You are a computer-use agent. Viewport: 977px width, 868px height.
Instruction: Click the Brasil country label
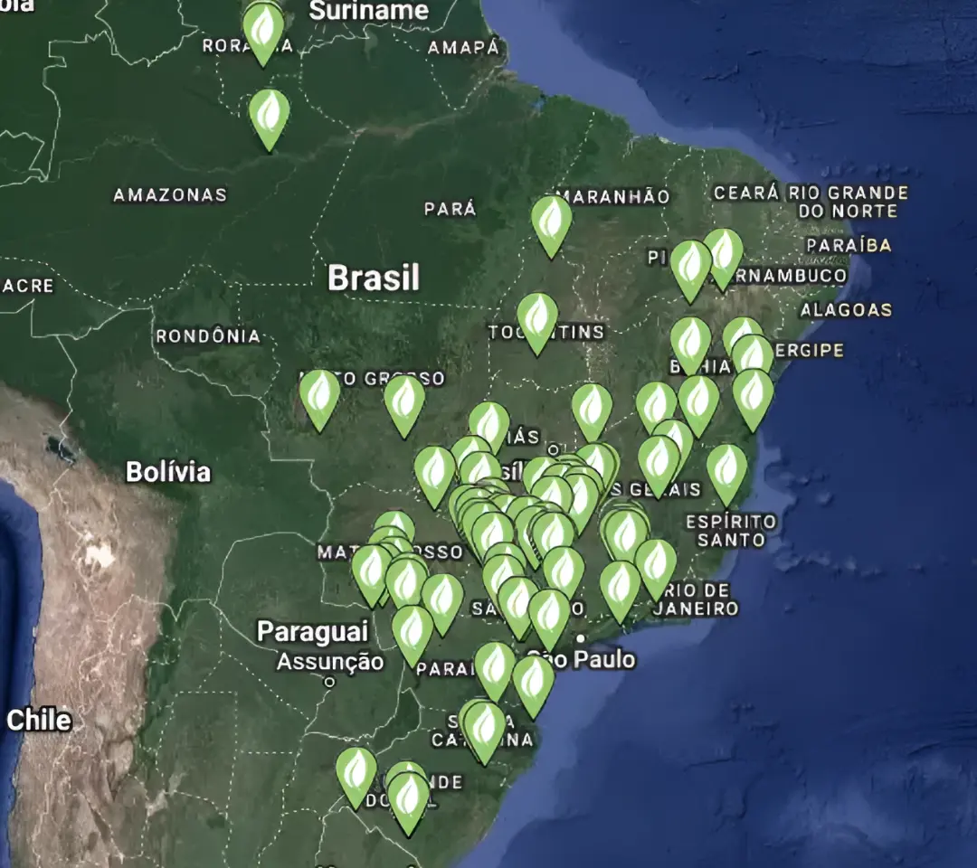tap(374, 278)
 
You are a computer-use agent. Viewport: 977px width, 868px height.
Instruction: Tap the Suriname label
tap(368, 11)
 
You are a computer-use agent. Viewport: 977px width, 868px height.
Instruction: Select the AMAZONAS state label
tap(169, 194)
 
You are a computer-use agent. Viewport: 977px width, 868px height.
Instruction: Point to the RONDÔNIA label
tap(208, 336)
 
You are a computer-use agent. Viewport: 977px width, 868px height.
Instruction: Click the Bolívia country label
tap(168, 471)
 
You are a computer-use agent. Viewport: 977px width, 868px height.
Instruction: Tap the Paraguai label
tap(312, 631)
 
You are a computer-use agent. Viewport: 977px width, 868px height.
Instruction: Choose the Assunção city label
tap(329, 662)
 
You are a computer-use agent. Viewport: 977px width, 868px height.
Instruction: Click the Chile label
tap(39, 720)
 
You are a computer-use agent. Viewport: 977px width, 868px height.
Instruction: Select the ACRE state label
tap(27, 286)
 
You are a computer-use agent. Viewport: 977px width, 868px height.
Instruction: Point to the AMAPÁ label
tap(463, 48)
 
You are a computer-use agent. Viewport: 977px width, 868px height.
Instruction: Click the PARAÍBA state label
tap(849, 245)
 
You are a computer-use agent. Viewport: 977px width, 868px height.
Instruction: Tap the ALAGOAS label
tap(846, 309)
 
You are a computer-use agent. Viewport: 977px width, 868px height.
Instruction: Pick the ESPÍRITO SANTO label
tap(731, 531)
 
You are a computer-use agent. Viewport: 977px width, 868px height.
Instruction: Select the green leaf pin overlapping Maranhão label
tap(551, 222)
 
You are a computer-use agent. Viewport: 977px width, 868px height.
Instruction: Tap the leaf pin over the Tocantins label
tap(537, 319)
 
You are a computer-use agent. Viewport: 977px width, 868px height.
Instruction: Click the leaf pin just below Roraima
tap(270, 116)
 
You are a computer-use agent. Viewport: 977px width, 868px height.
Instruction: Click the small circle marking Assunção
tap(329, 683)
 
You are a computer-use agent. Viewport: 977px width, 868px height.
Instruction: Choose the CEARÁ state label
tap(746, 193)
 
